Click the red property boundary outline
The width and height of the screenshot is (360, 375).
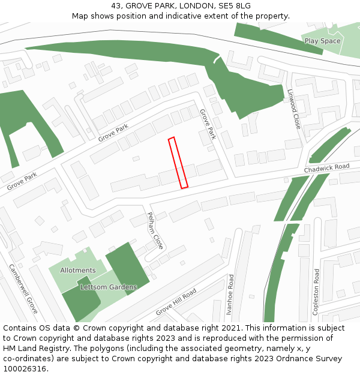(178, 163)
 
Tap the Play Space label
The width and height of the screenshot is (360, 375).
(322, 41)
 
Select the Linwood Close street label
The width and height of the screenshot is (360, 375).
(293, 109)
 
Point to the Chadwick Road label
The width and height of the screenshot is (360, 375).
(326, 169)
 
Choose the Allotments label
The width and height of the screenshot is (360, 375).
(78, 271)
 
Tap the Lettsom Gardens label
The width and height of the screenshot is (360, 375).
(109, 287)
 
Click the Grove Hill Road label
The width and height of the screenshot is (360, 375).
(176, 302)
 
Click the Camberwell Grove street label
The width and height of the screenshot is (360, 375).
(23, 289)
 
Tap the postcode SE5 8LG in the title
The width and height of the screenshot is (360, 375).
(235, 6)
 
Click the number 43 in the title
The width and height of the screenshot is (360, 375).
(116, 6)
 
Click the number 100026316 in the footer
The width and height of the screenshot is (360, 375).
(25, 369)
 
